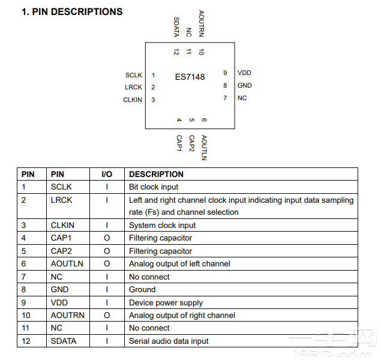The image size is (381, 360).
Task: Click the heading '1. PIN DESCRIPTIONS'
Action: (x=72, y=12)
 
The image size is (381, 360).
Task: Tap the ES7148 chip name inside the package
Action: (x=190, y=77)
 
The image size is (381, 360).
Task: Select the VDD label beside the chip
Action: (x=244, y=73)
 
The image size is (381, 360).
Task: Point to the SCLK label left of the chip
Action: (x=134, y=75)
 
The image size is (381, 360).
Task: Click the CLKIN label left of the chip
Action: (x=133, y=100)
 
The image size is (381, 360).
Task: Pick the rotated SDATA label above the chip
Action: (x=176, y=26)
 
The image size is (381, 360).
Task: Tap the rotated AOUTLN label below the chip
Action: (x=204, y=148)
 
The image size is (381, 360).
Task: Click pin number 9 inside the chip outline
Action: (x=225, y=73)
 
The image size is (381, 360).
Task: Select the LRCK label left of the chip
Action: (x=134, y=87)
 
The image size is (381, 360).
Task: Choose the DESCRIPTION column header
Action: (x=157, y=174)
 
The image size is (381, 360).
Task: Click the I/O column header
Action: (x=107, y=174)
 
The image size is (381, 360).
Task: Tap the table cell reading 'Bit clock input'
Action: (x=154, y=187)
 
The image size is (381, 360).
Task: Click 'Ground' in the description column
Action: (x=142, y=289)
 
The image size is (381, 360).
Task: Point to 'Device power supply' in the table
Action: (x=166, y=302)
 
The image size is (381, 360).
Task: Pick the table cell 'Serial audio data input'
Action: (x=169, y=341)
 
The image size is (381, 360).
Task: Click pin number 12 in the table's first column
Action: (x=26, y=341)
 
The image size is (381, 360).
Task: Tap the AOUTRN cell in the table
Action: (x=68, y=315)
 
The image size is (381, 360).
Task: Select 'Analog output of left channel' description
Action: (x=179, y=263)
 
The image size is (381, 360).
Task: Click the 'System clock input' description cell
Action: (x=162, y=225)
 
